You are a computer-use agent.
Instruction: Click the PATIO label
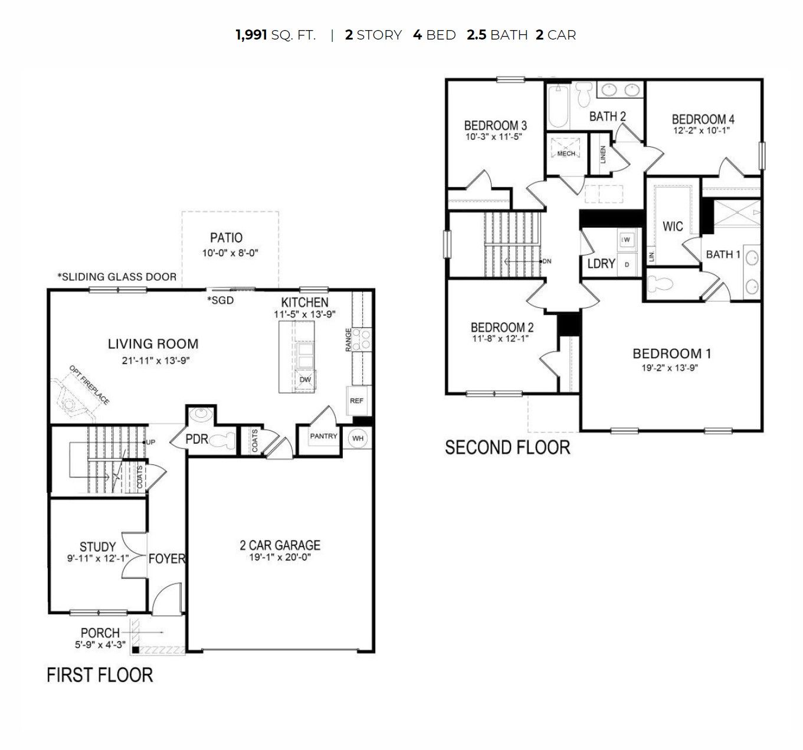click(226, 238)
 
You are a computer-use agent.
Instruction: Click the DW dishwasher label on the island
click(305, 379)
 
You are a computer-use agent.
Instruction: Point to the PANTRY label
click(323, 436)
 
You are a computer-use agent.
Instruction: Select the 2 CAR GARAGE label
click(280, 545)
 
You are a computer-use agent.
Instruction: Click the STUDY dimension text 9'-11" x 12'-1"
click(97, 558)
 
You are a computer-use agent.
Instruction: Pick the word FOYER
click(166, 558)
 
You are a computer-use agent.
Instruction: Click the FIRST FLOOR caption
click(100, 674)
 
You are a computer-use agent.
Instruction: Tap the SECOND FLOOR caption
click(507, 447)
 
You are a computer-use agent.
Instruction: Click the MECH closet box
click(566, 153)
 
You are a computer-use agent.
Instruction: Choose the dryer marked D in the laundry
click(627, 264)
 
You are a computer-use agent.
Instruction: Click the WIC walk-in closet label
click(673, 226)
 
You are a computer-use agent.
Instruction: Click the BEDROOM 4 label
click(703, 119)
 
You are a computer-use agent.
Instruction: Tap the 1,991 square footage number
click(251, 35)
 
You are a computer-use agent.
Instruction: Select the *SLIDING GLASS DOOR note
click(117, 276)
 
